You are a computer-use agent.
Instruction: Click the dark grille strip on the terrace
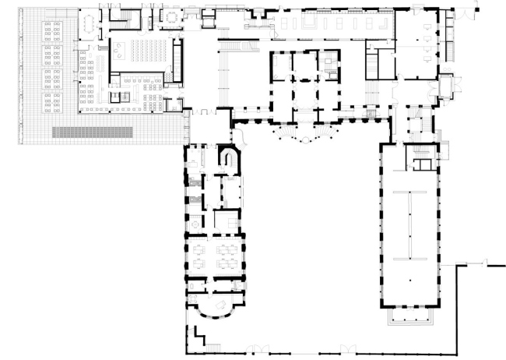point(101,132)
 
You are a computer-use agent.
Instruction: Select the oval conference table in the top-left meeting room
point(91,24)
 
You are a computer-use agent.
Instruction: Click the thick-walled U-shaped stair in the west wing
point(230,160)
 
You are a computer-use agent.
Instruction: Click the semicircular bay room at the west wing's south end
point(214,304)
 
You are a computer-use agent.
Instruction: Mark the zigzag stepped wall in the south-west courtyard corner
point(198,337)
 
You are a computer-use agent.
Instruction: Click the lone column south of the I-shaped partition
point(409,278)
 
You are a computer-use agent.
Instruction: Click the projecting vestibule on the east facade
point(447,86)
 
